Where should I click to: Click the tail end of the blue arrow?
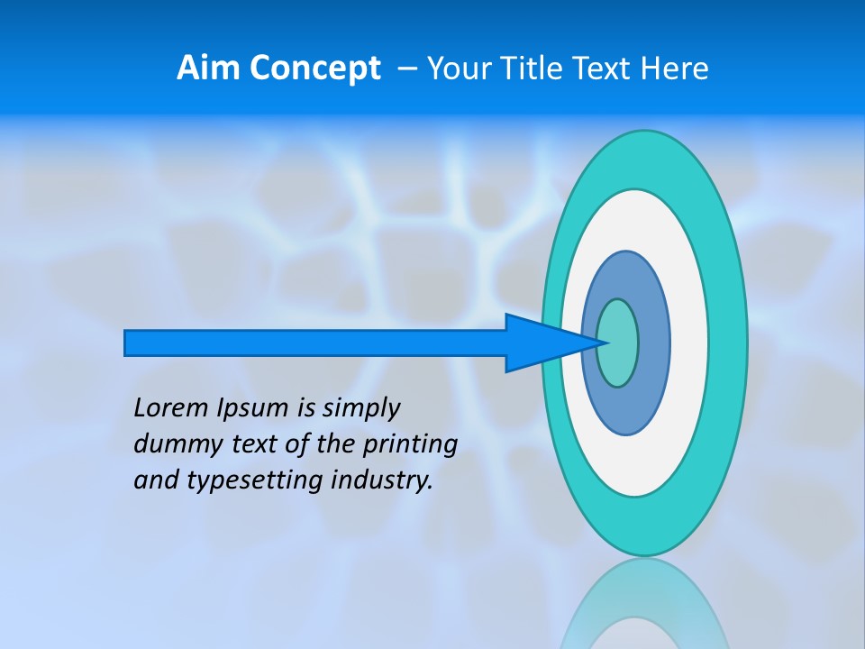[x=127, y=343]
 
